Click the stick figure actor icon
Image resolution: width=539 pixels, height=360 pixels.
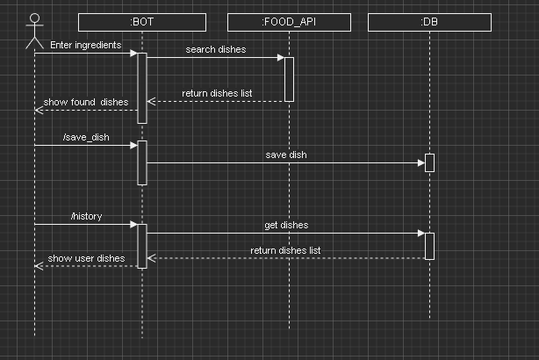click(34, 30)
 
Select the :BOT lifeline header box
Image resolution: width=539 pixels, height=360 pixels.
click(141, 22)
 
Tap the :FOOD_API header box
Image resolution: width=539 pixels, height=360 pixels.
click(289, 22)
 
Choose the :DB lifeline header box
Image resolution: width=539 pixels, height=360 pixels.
click(429, 22)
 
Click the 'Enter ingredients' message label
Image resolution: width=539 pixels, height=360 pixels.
click(85, 45)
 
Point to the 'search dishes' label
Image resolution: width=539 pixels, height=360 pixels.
click(216, 49)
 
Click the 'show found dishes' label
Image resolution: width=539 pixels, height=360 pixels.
click(86, 102)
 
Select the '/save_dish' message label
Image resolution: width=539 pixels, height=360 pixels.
click(86, 137)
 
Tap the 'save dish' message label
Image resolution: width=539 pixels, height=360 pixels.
click(286, 155)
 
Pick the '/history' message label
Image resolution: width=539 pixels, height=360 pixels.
click(86, 216)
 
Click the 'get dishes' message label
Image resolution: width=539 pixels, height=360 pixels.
click(286, 225)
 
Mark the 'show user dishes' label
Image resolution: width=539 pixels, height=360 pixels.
click(86, 258)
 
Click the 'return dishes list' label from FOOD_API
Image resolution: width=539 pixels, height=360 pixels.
click(217, 93)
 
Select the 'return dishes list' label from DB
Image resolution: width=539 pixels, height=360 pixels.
click(286, 250)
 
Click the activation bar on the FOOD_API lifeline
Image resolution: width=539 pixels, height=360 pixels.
click(289, 79)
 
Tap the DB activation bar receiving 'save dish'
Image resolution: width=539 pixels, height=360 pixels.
click(429, 162)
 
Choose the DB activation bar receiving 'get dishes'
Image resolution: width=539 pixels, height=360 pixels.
click(429, 246)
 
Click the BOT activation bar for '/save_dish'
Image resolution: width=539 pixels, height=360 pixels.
click(141, 162)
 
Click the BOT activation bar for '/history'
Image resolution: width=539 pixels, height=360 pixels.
click(141, 246)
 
